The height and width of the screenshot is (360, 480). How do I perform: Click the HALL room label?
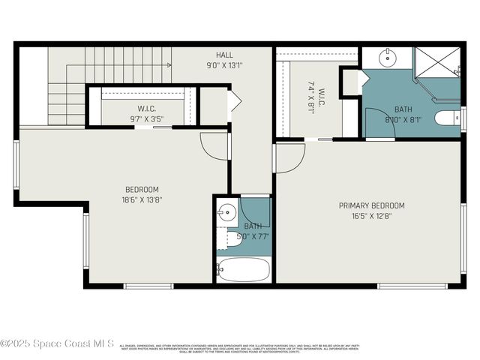224,55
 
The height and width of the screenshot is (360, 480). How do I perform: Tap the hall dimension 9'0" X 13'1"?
224,65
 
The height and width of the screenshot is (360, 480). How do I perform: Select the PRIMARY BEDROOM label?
371,205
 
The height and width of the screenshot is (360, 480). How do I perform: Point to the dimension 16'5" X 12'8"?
371,216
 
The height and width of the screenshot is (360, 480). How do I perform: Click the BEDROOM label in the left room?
142,189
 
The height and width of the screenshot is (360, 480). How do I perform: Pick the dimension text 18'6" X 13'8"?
142,199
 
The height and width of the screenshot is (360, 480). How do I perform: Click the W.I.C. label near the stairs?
146,108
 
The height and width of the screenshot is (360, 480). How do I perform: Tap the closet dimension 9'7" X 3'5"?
146,118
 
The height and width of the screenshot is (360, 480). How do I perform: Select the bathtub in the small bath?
243,269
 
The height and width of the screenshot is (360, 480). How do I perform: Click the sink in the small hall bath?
226,212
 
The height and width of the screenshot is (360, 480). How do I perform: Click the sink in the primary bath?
387,57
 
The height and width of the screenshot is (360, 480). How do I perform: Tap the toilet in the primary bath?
448,118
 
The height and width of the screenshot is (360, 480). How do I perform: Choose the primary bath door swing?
379,121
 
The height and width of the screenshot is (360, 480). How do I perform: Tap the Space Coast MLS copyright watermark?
57,343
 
